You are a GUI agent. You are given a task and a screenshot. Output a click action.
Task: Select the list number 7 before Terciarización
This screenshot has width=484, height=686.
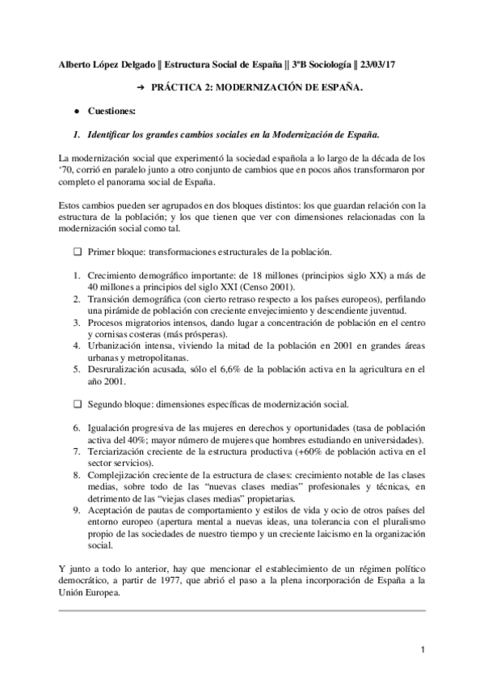[75, 451]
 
